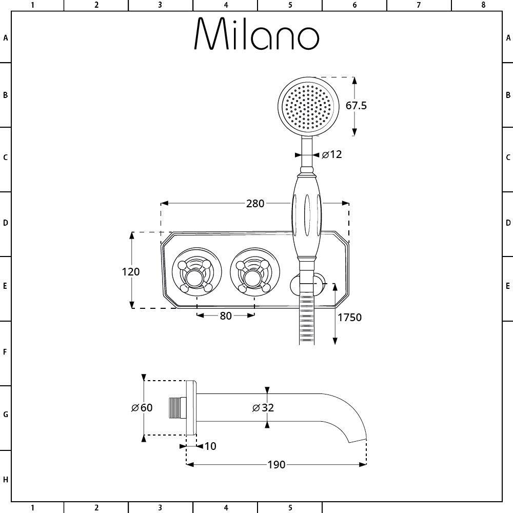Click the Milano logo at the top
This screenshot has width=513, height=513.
(256, 33)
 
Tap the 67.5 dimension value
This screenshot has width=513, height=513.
(357, 106)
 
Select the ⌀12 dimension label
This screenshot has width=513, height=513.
(332, 154)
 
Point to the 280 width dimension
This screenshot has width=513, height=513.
(255, 204)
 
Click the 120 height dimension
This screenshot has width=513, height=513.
(130, 271)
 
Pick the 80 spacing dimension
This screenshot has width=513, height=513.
(226, 315)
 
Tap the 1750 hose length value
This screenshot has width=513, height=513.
(349, 318)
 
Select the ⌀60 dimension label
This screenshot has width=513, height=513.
(142, 408)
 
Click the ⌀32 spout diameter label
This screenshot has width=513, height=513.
(263, 408)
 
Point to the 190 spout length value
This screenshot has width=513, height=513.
(277, 465)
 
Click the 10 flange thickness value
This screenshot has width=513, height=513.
(210, 446)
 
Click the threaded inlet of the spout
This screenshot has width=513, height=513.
(177, 408)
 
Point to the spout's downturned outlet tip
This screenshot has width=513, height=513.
(358, 440)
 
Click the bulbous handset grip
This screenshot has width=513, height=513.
(306, 216)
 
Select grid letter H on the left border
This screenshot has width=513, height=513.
(5, 480)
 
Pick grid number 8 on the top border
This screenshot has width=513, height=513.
(483, 5)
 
